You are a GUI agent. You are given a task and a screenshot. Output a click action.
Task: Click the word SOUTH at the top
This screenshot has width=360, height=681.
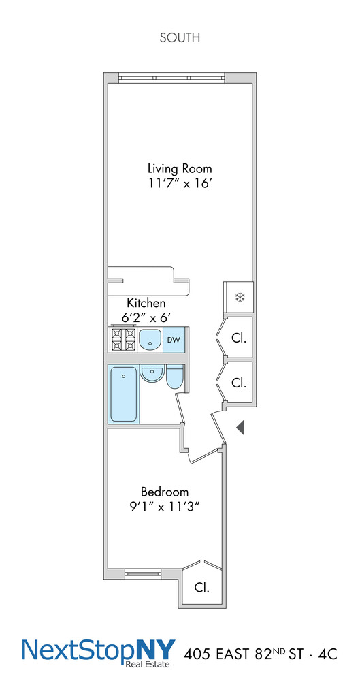pos(180,37)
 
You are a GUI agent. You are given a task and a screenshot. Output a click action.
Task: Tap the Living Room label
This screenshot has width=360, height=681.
pos(180,168)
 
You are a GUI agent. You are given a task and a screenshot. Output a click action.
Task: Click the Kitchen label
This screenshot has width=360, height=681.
pos(146,303)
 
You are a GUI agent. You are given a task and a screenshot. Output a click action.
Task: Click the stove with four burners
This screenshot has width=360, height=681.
pos(122,339)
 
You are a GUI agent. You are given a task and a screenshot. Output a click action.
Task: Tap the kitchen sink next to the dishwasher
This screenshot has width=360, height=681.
pos(150,340)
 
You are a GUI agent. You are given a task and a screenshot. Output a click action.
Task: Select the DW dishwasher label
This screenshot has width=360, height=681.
pos(174,340)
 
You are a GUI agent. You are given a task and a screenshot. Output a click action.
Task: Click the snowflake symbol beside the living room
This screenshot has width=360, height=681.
pos(238,297)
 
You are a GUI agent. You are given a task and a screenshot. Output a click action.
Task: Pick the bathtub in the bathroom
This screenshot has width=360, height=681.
pos(125,394)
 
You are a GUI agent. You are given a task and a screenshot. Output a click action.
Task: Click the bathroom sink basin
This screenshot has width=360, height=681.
pos(152,375)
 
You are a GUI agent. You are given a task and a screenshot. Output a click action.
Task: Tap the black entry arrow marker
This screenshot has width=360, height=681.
pos(240,428)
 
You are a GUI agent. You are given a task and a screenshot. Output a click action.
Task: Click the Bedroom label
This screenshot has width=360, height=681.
pos(165,492)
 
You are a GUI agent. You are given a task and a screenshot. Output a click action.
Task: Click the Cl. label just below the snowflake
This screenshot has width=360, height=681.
pos(239,339)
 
